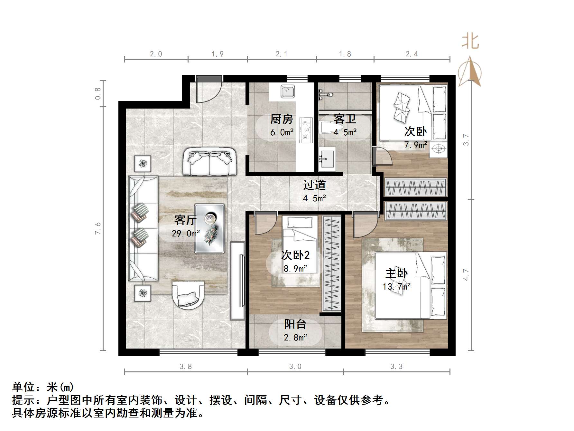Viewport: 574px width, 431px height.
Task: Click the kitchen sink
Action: (288, 91)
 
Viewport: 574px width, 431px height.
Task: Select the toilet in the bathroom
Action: (327, 129)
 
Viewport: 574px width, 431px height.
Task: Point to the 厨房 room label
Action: (282, 119)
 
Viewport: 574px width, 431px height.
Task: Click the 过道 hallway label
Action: (314, 185)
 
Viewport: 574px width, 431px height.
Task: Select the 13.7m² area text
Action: (396, 286)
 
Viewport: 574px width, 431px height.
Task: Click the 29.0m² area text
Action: (186, 233)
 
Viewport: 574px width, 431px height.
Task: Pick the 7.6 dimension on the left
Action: (98, 228)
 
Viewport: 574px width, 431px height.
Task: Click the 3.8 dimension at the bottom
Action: (186, 366)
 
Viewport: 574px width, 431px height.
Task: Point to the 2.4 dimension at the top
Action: (412, 54)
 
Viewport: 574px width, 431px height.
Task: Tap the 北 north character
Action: (470, 42)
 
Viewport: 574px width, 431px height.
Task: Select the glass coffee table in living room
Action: (209, 228)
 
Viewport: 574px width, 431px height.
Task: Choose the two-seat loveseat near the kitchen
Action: (210, 162)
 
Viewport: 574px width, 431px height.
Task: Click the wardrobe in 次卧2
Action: (332, 263)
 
